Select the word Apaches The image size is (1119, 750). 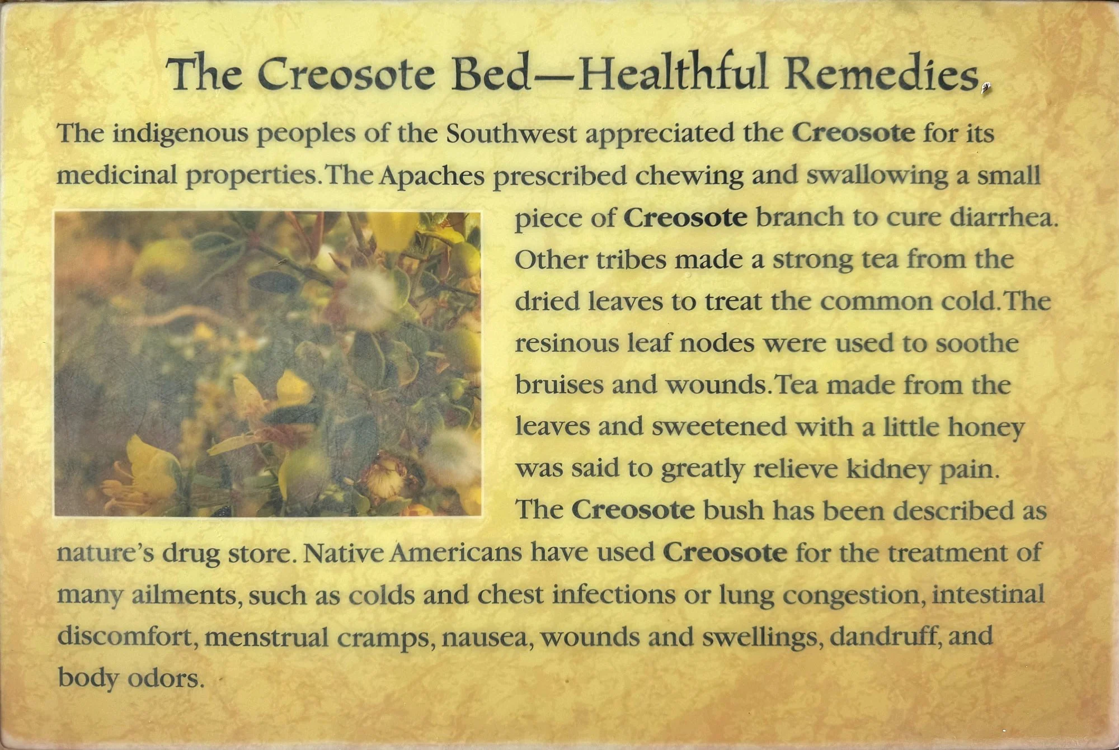(x=431, y=176)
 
